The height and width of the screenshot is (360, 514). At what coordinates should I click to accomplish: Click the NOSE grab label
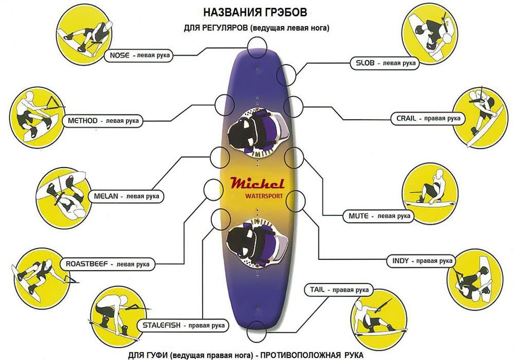[x=138, y=55]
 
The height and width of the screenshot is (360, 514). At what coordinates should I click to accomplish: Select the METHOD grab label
[x=103, y=121]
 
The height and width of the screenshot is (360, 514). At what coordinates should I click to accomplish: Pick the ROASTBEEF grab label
[x=107, y=264]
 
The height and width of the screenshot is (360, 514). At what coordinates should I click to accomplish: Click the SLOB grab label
[x=384, y=63]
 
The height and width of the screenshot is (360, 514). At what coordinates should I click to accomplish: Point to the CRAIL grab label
[x=428, y=118]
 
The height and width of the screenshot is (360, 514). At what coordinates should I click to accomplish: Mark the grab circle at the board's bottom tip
[x=256, y=333]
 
